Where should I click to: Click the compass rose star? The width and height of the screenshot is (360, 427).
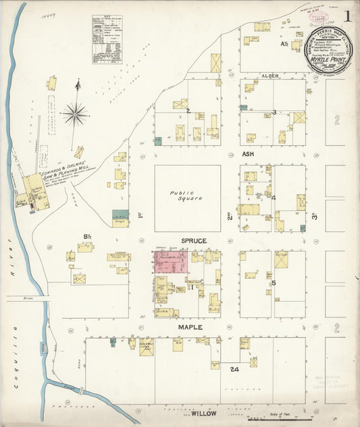(x=74, y=114)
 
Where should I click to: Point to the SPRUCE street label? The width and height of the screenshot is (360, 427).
(x=193, y=241)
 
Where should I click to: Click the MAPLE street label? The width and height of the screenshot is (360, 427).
(x=190, y=327)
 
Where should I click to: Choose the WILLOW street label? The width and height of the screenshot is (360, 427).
(x=203, y=411)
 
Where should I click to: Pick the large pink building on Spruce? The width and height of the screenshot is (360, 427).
(x=171, y=264)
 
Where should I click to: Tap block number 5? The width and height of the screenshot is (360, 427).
(x=273, y=282)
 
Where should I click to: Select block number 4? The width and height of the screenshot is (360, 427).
(x=273, y=198)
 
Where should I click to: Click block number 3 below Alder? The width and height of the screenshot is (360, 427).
(x=274, y=112)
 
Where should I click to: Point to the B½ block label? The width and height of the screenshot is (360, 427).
(x=87, y=236)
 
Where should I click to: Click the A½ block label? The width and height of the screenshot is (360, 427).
(x=284, y=45)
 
